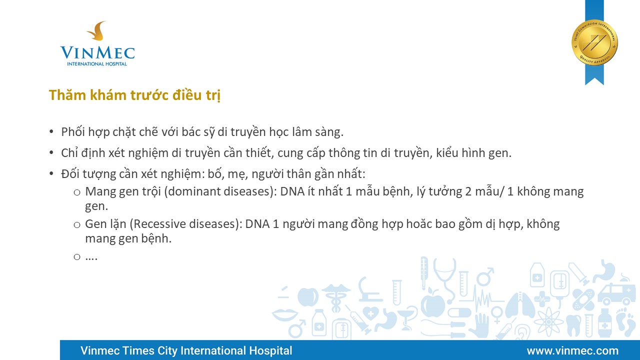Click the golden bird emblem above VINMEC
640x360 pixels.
coord(97,30)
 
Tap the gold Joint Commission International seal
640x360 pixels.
coord(594,42)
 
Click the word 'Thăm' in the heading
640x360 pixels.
coord(67,95)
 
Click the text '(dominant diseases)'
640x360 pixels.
coord(220,191)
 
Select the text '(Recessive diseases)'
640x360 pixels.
coord(186,224)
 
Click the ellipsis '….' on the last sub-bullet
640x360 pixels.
coord(91,257)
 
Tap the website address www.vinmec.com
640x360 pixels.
coord(572,350)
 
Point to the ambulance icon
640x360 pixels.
coord(613,294)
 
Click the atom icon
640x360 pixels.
coord(548,322)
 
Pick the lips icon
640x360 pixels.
coord(284,314)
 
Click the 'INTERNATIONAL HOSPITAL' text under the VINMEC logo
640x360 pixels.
coord(97,63)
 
